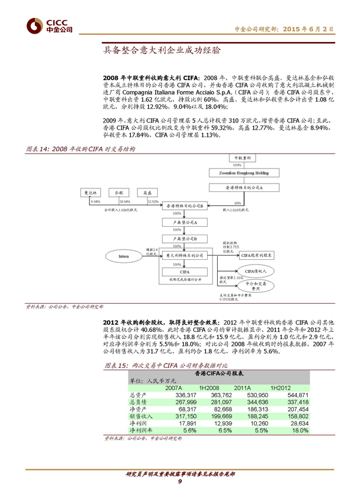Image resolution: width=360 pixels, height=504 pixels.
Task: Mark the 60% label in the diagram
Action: [246, 202]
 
